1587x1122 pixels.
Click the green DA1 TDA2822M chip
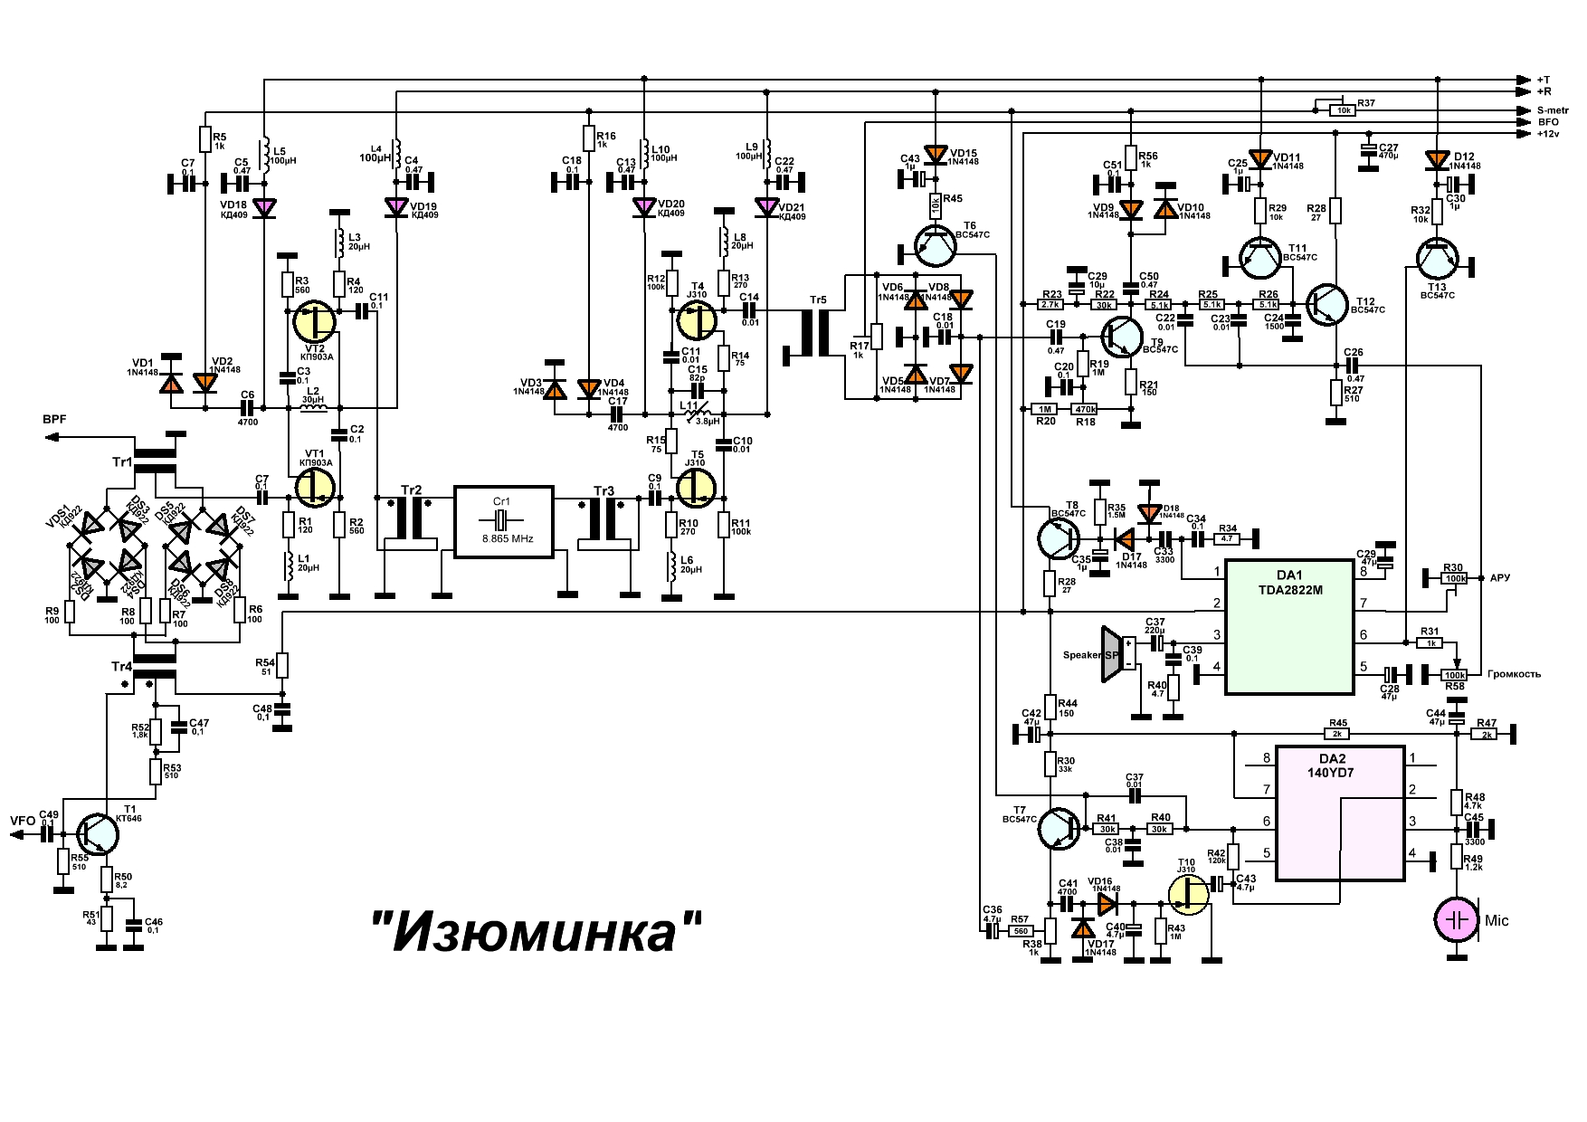click(x=1289, y=627)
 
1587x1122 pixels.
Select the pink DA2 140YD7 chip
click(x=1340, y=813)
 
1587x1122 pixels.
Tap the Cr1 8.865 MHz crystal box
click(x=502, y=522)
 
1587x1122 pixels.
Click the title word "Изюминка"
click(x=537, y=931)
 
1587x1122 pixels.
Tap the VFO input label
click(x=23, y=822)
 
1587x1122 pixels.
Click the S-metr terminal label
click(x=1553, y=110)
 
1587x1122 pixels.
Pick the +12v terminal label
click(x=1548, y=134)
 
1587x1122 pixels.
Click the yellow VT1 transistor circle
click(x=315, y=487)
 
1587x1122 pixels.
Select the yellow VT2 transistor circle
click(x=315, y=322)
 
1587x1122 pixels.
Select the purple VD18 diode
click(x=264, y=207)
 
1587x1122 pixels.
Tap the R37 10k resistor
click(x=1341, y=110)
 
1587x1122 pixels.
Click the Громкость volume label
click(x=1513, y=674)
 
